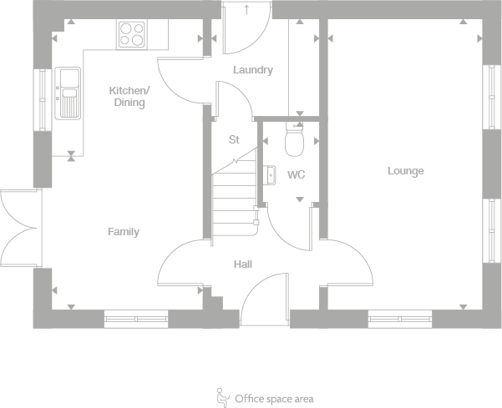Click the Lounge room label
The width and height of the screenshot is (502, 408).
coord(406,171)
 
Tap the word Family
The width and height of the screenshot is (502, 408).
coord(124,231)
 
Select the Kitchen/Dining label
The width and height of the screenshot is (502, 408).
coord(129,96)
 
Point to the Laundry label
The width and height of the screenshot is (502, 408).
coord(253,70)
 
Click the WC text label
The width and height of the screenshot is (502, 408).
coord(297,174)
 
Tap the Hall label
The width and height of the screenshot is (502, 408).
coord(243,264)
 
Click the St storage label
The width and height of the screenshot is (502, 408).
coord(234,139)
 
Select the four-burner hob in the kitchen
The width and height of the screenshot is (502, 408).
coord(132,34)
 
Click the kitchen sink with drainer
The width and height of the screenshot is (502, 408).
coord(68,93)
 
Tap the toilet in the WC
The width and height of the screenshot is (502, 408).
coord(295,139)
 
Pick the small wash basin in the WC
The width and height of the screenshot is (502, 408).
coord(270,175)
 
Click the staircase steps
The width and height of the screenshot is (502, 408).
coord(235,199)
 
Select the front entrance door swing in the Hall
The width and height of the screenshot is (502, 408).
coord(265,299)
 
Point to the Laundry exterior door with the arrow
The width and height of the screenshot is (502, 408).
coord(247,28)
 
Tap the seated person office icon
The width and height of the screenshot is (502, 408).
coord(223,397)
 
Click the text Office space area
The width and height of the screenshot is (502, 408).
coord(274,399)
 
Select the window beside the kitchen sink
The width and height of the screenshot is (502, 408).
coord(43,100)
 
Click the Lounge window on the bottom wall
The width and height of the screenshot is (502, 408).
coord(400,319)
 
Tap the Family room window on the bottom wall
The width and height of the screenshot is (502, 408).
coord(136,319)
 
